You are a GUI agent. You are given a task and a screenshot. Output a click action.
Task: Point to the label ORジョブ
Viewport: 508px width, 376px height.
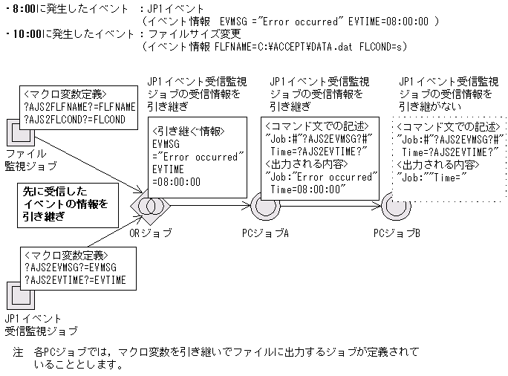pyautogui.click(x=152, y=233)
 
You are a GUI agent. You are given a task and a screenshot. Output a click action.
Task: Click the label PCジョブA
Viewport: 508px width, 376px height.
pyautogui.click(x=267, y=233)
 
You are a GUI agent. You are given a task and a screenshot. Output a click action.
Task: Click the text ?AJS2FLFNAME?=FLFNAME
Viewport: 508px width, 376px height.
pyautogui.click(x=79, y=107)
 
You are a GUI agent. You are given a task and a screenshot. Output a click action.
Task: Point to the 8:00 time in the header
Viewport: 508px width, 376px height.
pyautogui.click(x=25, y=8)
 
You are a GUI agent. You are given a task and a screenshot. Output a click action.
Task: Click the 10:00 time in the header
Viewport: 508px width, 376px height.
pyautogui.click(x=27, y=33)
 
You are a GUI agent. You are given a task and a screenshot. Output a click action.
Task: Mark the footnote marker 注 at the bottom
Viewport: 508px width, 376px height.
pyautogui.click(x=19, y=351)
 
